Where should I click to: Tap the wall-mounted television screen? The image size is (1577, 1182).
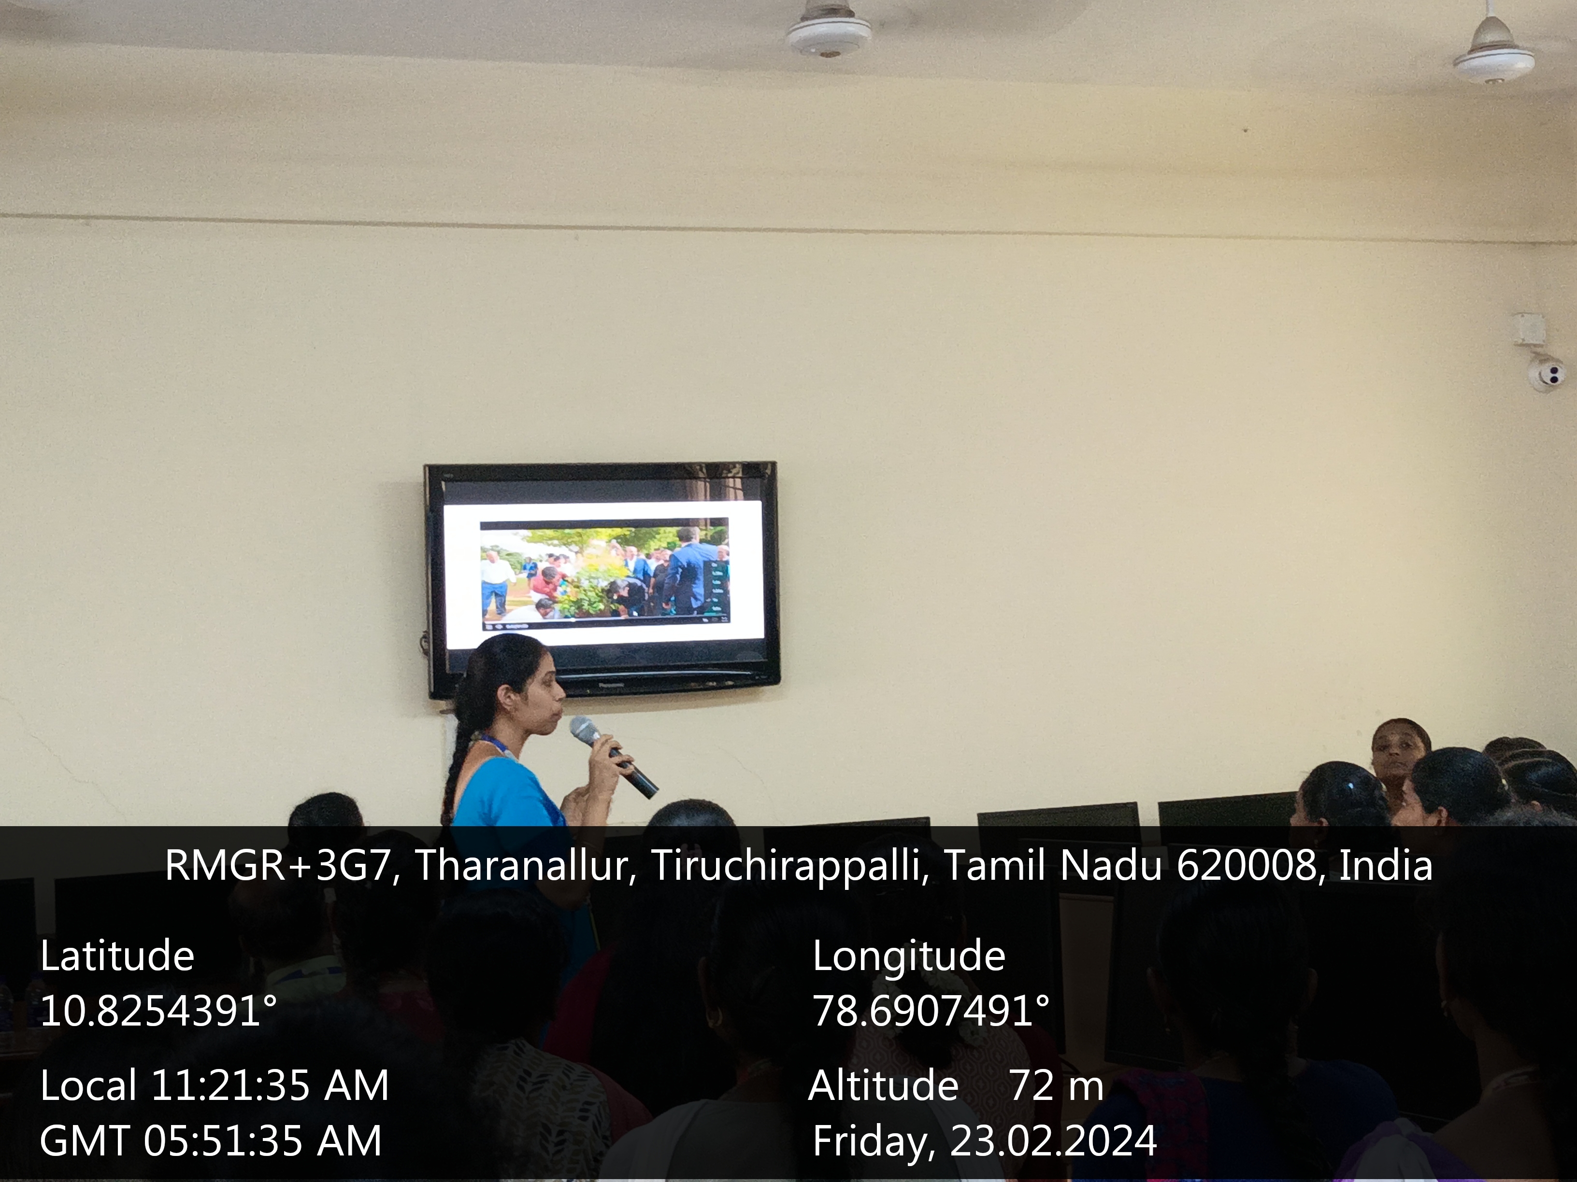[602, 578]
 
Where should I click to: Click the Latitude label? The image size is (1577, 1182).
[117, 956]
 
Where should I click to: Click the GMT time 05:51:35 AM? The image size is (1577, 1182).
[262, 1140]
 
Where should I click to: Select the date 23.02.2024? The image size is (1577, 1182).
[1053, 1140]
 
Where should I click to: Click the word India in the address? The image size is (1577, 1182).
[1386, 866]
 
